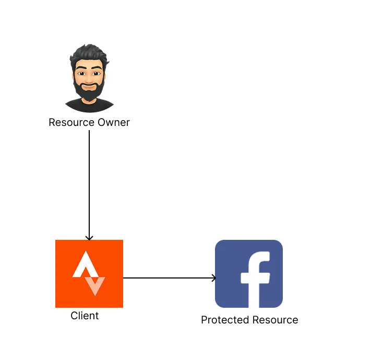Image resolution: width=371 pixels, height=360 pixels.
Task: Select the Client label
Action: tap(85, 316)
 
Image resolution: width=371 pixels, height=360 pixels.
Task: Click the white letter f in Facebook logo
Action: tap(255, 277)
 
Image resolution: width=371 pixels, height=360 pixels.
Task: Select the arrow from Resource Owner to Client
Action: tap(89, 183)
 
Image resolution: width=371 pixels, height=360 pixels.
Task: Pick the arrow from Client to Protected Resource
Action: tap(167, 278)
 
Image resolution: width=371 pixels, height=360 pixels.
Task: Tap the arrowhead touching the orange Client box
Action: tap(89, 237)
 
